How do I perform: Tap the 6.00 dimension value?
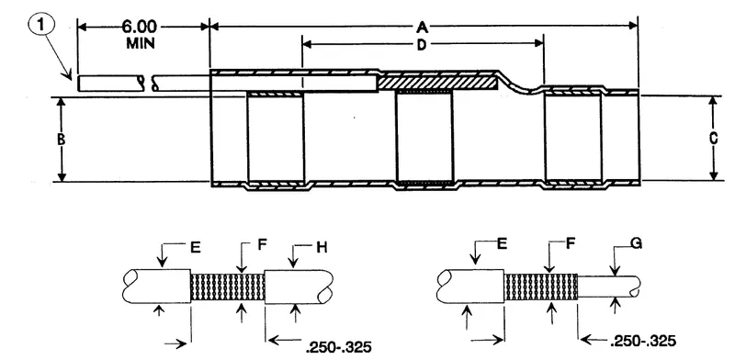(x=142, y=28)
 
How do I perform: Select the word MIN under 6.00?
(x=142, y=43)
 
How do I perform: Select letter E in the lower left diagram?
(x=194, y=245)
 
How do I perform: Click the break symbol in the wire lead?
(x=146, y=84)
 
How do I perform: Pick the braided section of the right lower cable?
(x=540, y=286)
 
